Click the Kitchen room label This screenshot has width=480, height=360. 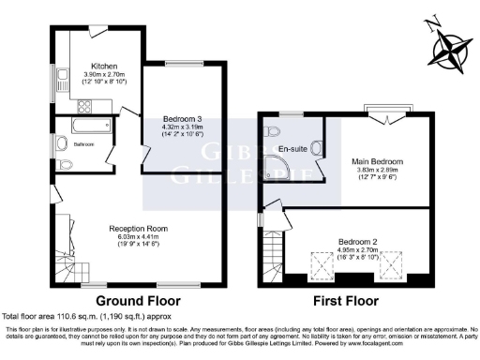pos(103,67)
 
